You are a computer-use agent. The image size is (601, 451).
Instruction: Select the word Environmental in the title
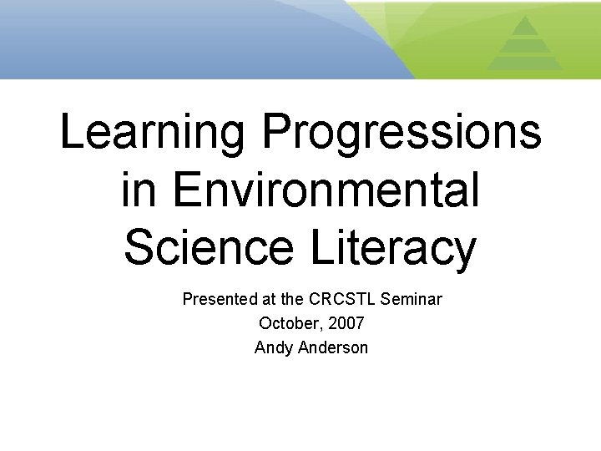(326, 190)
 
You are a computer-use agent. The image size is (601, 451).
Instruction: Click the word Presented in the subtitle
(215, 298)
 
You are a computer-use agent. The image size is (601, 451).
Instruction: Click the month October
(287, 322)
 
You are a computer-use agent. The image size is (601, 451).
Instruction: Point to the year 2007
(346, 322)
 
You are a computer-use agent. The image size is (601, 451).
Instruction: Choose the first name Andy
(273, 347)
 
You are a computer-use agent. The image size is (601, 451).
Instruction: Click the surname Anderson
(332, 347)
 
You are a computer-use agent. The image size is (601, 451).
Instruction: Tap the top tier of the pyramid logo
(524, 26)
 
